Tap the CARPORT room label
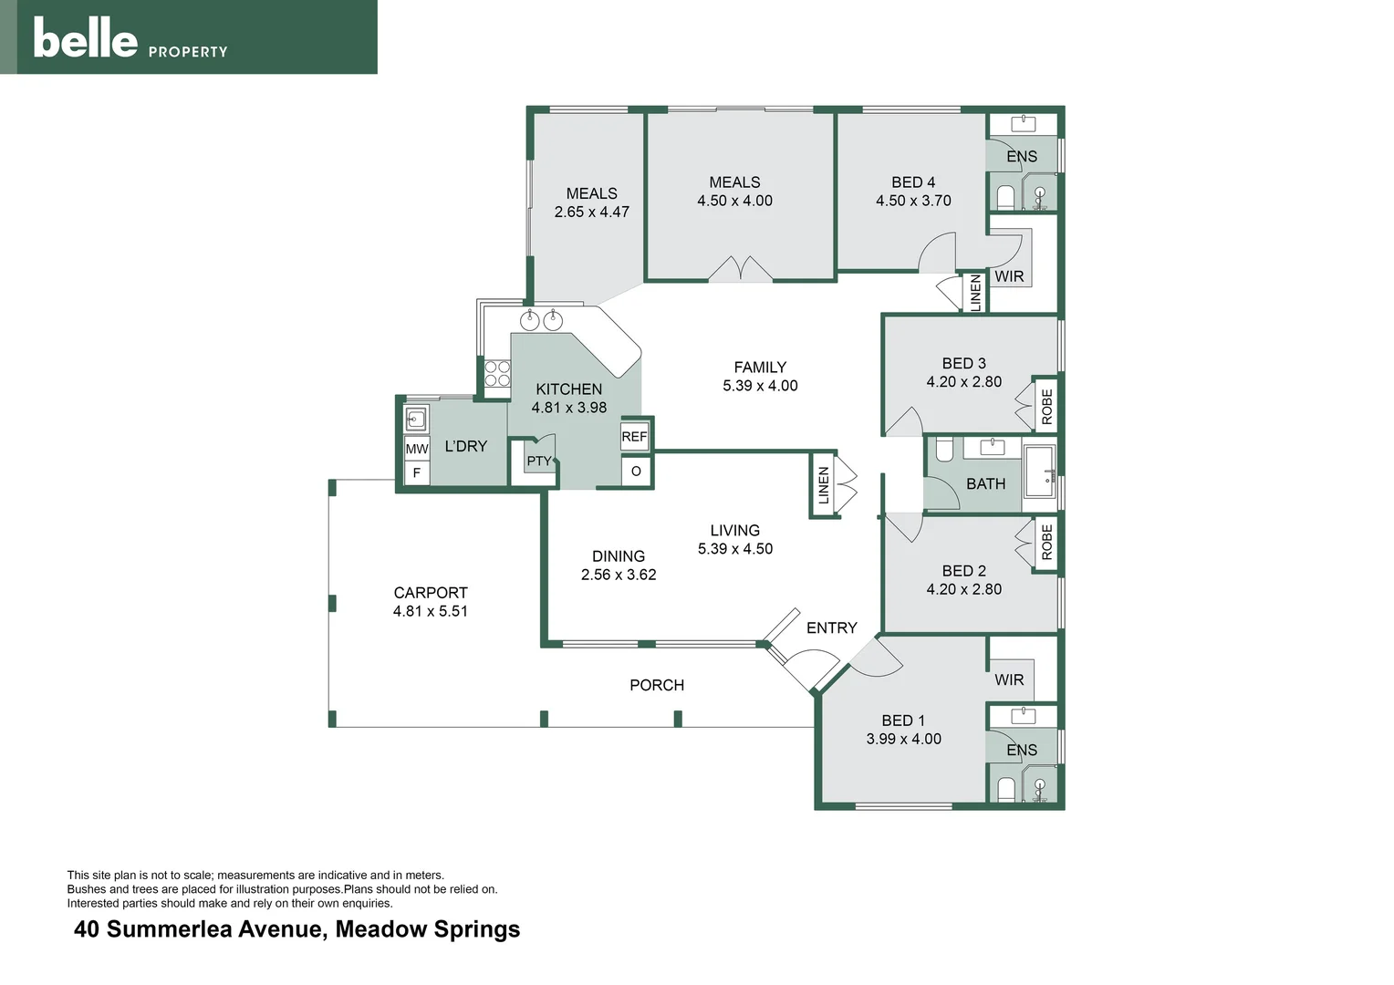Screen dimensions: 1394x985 [x=430, y=593]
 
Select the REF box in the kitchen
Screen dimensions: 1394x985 [x=634, y=437]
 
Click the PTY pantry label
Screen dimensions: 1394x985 [x=539, y=461]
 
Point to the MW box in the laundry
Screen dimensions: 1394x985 [x=416, y=449]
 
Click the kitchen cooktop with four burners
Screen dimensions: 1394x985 [x=497, y=373]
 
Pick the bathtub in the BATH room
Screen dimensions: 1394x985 [x=1039, y=471]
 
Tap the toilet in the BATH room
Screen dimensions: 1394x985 [x=944, y=450]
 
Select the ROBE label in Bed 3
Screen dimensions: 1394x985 [x=1046, y=407]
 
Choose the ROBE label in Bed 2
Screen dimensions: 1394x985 [x=1046, y=542]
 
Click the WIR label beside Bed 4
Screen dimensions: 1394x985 [x=1009, y=276]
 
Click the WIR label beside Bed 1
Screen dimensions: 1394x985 [x=1009, y=679]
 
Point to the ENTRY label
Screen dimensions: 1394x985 [x=831, y=627]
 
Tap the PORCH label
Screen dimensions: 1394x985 [x=657, y=685]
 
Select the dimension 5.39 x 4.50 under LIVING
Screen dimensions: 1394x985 [x=735, y=549]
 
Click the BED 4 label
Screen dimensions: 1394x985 [x=913, y=182]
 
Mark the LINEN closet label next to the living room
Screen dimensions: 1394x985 [x=823, y=485]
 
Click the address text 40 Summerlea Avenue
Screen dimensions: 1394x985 [x=199, y=929]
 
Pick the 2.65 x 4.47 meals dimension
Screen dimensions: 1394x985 [x=592, y=212]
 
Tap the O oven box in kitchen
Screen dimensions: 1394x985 [x=635, y=471]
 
